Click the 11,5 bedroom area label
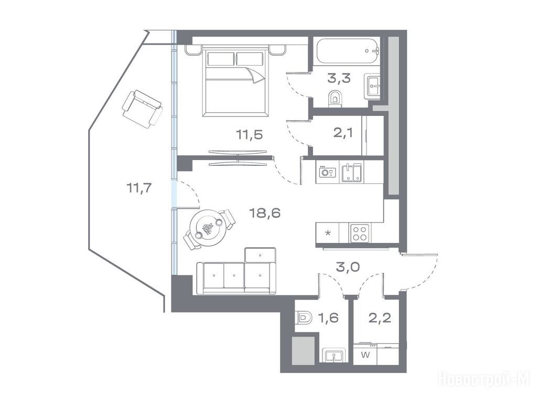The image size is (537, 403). pyautogui.click(x=249, y=135)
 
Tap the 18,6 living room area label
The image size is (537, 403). pyautogui.click(x=265, y=213)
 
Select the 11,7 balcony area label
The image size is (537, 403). pyautogui.click(x=138, y=188)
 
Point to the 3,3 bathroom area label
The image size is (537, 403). pyautogui.click(x=339, y=79)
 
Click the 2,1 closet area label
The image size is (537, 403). pyautogui.click(x=343, y=133)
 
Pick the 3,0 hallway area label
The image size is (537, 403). pyautogui.click(x=348, y=267)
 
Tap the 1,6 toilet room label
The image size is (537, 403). pyautogui.click(x=328, y=317)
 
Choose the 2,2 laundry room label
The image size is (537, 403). pyautogui.click(x=380, y=317)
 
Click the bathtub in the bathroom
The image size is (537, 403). pyautogui.click(x=348, y=51)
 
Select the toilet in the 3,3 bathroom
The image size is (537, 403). pyautogui.click(x=335, y=99)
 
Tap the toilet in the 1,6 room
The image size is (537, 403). pyautogui.click(x=304, y=319)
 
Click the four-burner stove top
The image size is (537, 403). pyautogui.click(x=360, y=234)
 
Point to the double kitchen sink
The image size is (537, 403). pyautogui.click(x=351, y=173)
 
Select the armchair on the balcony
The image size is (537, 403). pyautogui.click(x=142, y=109)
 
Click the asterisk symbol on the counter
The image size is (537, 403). pyautogui.click(x=328, y=234)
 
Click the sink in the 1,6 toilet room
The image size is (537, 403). pyautogui.click(x=334, y=355)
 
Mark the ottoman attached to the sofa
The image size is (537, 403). pyautogui.click(x=260, y=256)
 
